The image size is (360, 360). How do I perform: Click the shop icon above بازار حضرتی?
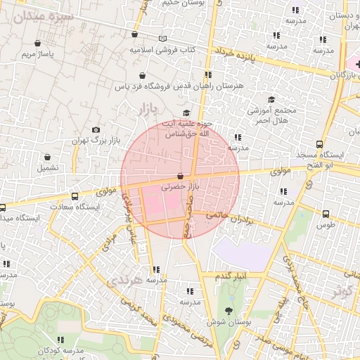point(181,176)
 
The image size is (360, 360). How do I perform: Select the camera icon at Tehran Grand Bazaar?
point(96,129)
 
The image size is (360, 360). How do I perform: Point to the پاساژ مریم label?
point(38,53)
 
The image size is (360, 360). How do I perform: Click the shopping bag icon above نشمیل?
point(47,157)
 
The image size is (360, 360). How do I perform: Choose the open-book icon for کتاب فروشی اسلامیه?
point(163,39)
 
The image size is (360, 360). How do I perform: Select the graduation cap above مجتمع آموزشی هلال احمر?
point(272,99)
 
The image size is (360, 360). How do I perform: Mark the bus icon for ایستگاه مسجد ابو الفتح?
point(321,143)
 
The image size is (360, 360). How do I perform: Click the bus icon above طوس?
point(326,214)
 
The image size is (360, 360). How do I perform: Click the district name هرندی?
point(127,280)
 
